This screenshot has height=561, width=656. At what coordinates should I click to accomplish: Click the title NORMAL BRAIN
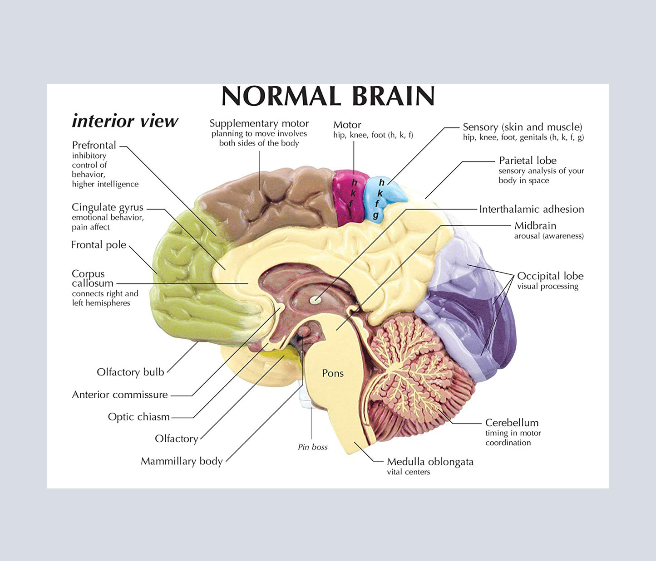point(328,96)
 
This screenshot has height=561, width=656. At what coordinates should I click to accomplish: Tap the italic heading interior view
point(125,121)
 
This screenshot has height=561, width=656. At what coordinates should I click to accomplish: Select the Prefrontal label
point(94,145)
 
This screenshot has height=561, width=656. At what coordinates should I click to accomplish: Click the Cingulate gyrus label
point(108,207)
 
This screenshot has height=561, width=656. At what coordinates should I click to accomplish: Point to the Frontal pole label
point(99,245)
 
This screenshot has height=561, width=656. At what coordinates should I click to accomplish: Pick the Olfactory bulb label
point(130,372)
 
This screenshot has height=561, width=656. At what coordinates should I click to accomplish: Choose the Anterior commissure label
point(120,395)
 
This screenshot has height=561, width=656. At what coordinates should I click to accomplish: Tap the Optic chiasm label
point(138,417)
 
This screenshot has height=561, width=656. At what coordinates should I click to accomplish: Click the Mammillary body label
point(182,461)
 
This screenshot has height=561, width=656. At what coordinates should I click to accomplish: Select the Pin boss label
point(313,447)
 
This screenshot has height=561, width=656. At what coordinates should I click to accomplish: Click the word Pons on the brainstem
point(333,373)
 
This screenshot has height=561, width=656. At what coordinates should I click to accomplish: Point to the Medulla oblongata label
point(430,462)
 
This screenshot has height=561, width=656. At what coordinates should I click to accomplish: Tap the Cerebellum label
point(512,423)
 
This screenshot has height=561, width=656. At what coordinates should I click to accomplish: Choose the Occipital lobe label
point(550,276)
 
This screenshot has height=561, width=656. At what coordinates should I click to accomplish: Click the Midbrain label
point(535,226)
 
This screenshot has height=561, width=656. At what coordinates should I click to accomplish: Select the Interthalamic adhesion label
point(532,209)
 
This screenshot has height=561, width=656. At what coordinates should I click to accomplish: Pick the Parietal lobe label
point(528,161)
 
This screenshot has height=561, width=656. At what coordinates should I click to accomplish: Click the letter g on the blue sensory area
point(375,215)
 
